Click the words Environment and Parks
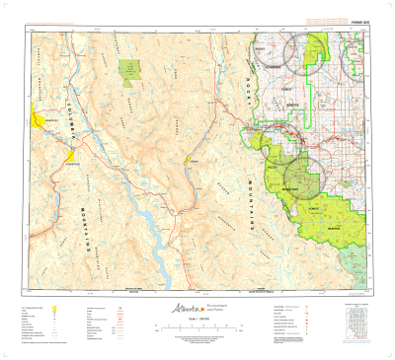(x=211, y=309)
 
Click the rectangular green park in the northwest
(x=129, y=69)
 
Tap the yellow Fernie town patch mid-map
(x=193, y=160)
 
